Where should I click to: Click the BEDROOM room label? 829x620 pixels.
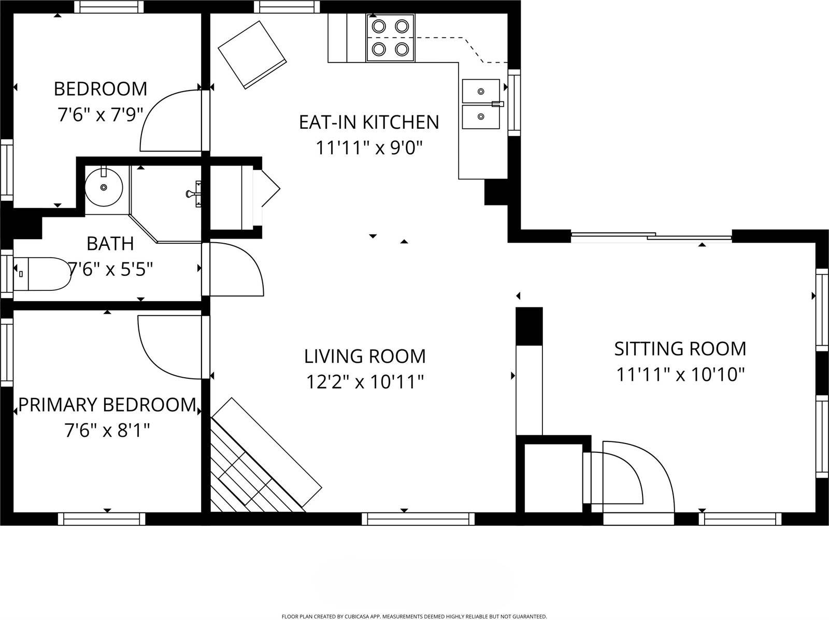[101, 89]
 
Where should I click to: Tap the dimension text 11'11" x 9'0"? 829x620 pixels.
[369, 149]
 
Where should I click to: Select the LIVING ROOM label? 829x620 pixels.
[365, 356]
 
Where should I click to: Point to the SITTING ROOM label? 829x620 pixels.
[680, 349]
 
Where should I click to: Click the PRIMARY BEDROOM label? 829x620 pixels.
[107, 405]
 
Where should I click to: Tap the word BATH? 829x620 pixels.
[110, 243]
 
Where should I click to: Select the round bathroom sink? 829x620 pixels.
[104, 187]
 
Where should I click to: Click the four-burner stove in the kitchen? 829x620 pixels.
[390, 38]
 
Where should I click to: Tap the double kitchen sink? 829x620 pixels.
[481, 104]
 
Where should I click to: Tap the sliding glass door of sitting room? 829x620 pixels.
[651, 237]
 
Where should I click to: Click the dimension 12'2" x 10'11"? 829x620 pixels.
[365, 382]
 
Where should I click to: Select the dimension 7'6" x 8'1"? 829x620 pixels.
[107, 430]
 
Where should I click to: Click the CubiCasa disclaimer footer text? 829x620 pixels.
[414, 616]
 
